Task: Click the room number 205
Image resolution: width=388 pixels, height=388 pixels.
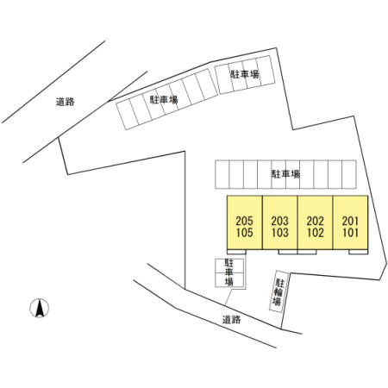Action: [244, 221]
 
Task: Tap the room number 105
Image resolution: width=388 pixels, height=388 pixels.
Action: [244, 233]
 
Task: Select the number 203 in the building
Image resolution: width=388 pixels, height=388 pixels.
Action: [279, 221]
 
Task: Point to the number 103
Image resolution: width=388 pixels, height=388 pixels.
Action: [279, 233]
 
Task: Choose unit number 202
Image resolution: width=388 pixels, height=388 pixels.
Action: [315, 221]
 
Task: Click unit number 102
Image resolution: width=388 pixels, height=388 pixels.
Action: [315, 233]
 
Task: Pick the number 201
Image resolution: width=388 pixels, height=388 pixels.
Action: [350, 221]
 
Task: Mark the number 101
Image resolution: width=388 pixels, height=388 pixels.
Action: [350, 233]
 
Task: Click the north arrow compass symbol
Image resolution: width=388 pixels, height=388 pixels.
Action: [40, 308]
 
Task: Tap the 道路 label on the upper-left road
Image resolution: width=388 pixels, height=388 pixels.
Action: [66, 102]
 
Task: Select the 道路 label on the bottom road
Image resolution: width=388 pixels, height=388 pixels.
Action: [231, 320]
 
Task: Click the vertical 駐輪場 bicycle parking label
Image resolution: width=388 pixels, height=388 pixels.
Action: [278, 292]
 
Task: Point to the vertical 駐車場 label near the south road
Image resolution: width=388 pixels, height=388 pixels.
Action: [229, 272]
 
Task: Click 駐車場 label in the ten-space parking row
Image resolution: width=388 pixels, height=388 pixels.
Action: [285, 174]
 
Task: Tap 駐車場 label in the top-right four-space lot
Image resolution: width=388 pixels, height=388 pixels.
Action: [245, 74]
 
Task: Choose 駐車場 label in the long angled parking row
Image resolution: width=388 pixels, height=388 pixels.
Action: [164, 100]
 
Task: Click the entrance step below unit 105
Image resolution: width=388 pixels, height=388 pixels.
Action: [236, 252]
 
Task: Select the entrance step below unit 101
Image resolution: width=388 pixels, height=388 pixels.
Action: [359, 252]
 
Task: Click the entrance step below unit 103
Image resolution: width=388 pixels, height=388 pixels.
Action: [288, 252]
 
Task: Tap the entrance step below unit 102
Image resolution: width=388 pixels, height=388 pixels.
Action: [307, 252]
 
